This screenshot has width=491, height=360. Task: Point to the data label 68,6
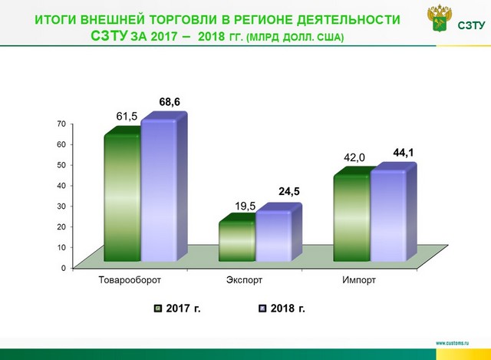pyautogui.click(x=170, y=102)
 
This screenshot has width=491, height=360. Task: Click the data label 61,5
pyautogui.click(x=127, y=116)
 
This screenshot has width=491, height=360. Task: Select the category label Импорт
pyautogui.click(x=359, y=280)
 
